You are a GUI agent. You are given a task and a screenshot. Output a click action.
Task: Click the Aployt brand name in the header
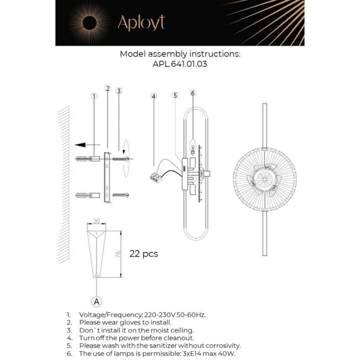[x=141, y=23]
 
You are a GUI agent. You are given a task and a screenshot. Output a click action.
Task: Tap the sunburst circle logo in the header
[x=89, y=23]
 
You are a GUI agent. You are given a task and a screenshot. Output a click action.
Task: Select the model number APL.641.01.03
[x=179, y=65]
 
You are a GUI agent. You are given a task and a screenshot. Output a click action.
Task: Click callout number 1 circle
[x=94, y=96]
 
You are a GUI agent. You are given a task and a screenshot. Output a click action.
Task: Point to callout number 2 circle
[x=107, y=88]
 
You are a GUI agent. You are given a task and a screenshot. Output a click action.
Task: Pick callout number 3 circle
[x=119, y=91]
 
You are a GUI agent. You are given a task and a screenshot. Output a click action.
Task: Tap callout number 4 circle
[x=154, y=96]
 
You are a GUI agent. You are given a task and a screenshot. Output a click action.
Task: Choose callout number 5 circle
[x=175, y=95]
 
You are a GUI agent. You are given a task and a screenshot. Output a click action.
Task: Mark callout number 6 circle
[x=193, y=93]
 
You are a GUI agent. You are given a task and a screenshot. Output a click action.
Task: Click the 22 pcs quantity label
[x=143, y=254]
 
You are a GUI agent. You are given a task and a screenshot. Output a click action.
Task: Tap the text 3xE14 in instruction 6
[x=189, y=353]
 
